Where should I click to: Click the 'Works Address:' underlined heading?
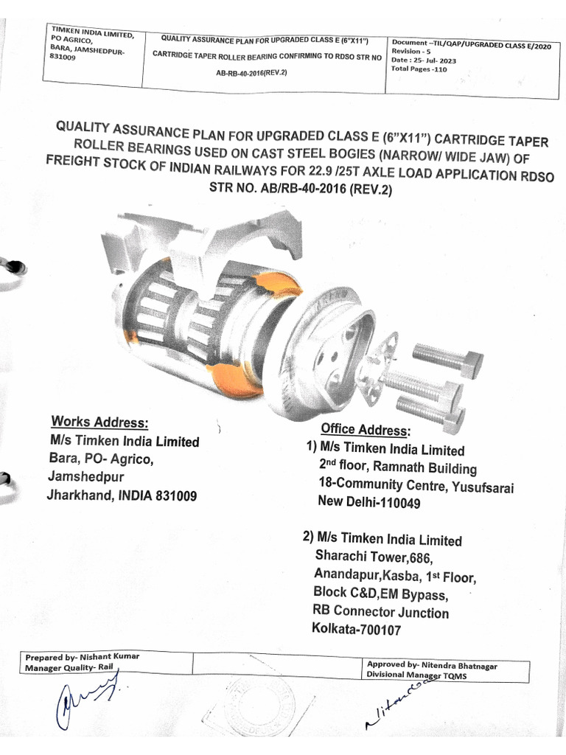99,422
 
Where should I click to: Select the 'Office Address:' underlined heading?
364,429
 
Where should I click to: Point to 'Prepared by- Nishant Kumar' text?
82,657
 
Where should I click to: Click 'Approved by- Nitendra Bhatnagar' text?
431,665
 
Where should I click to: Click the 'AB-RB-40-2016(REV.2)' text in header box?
251,74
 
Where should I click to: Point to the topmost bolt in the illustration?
447,358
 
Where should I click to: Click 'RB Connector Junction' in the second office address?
380,612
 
